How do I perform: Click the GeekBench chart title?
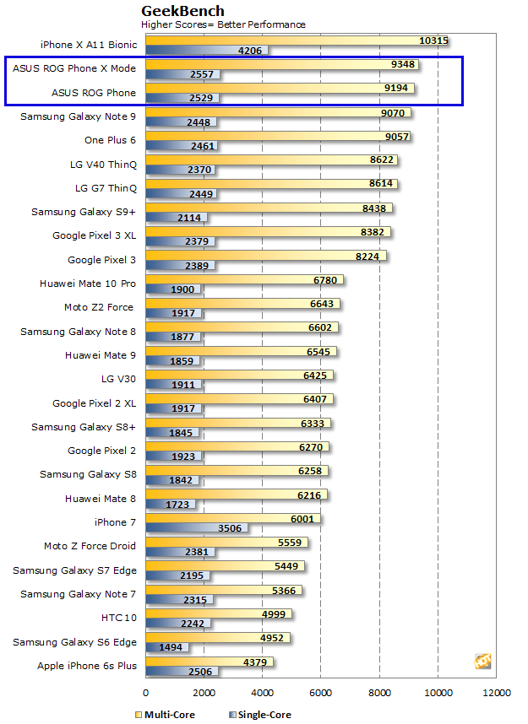pos(182,11)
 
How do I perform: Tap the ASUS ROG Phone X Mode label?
pos(74,68)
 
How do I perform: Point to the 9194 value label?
pos(398,88)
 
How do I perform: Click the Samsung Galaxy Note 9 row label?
pos(78,116)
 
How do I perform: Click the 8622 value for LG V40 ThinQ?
pos(381,159)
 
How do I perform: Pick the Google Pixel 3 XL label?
pos(94,235)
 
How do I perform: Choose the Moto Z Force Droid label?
pos(90,546)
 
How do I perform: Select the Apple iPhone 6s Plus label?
pos(86,666)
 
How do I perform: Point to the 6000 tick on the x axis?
pos(321,694)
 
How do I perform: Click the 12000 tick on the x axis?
pos(496,694)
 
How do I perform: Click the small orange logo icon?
pos(482,661)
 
